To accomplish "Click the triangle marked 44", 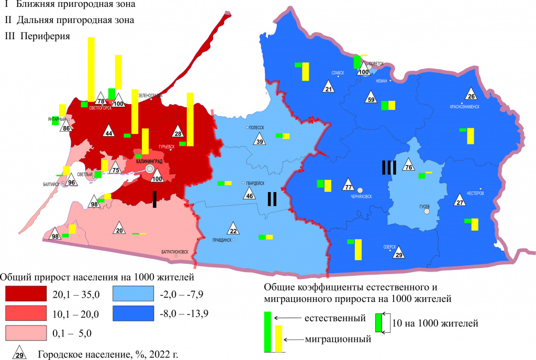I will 108,132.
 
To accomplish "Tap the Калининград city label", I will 149,162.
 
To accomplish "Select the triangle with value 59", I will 371,98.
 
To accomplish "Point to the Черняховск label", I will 358,198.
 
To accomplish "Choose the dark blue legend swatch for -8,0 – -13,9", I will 133,314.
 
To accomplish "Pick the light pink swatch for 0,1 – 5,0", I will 26,333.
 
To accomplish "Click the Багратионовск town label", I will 176,251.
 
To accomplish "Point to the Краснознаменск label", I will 464,106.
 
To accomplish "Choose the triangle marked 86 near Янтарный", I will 66,127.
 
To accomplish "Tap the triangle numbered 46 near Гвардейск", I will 249,195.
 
